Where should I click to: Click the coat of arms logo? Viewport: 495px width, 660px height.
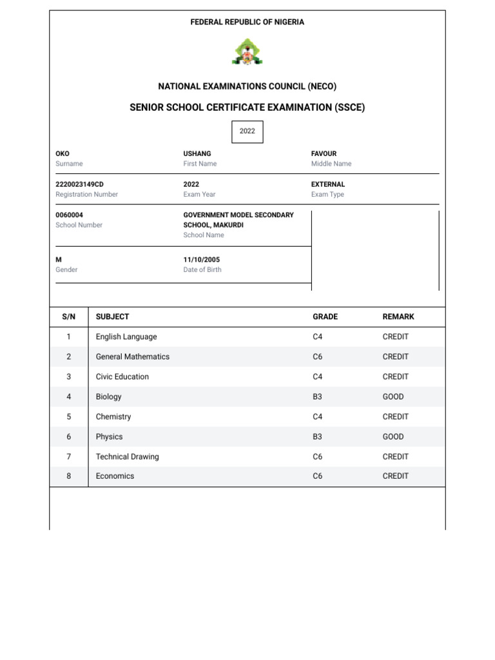(247, 52)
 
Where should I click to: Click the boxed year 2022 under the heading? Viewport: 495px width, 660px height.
(247, 131)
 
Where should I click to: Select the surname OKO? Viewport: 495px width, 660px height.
(63, 154)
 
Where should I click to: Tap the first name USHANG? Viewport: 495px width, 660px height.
(197, 154)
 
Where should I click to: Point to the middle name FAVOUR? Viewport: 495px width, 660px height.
(324, 154)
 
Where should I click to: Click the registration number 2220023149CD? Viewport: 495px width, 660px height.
(80, 184)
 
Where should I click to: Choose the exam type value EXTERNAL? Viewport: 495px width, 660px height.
(328, 184)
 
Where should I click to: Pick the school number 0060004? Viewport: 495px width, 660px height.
(70, 215)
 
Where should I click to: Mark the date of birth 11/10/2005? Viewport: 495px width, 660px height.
(202, 260)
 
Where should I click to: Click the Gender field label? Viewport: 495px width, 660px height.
(66, 270)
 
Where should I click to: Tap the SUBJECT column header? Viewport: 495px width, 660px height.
(112, 317)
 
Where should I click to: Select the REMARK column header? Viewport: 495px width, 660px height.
(398, 317)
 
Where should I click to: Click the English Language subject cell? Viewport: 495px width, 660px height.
(126, 337)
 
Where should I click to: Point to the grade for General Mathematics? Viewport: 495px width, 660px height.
(317, 357)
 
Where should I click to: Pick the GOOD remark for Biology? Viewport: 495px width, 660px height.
(393, 397)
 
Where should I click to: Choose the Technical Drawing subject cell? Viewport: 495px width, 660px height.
(127, 457)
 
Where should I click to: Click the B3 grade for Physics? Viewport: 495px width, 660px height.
(317, 437)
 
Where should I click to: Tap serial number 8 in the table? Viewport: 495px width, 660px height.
(69, 476)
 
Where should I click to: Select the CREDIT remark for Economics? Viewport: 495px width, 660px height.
(396, 476)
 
